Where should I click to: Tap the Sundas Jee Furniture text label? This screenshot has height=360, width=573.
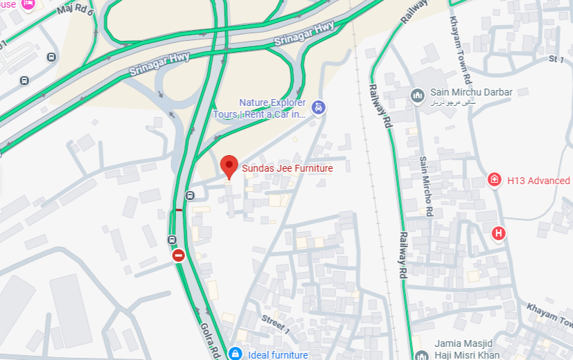pos(287,168)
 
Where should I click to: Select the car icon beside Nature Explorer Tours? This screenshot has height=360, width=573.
pos(318,107)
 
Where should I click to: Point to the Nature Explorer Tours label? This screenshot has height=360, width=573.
pos(272,108)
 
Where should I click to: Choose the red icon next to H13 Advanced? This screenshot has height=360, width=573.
pos(495,180)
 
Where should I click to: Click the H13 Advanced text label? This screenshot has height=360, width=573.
pos(538,181)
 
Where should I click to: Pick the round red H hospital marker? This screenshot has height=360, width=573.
pos(498,233)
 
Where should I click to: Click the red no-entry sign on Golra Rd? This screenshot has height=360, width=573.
pos(179,255)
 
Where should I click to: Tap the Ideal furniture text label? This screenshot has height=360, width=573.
pos(277,355)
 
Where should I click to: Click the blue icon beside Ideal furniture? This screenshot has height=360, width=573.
pos(236,354)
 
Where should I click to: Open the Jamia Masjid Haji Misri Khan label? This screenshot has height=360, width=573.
pos(466,350)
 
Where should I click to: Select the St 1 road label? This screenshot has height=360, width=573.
pos(556,60)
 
